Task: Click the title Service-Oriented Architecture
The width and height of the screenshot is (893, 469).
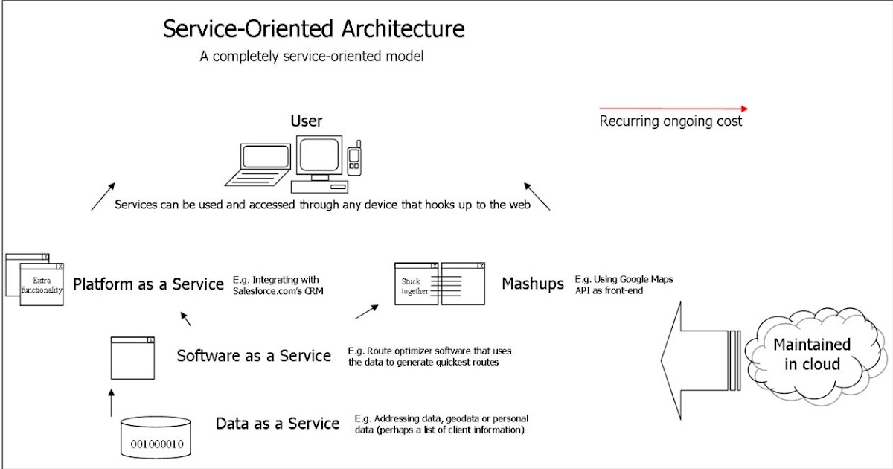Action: pos(314,29)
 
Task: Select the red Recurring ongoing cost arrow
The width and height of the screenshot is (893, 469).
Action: pos(673,109)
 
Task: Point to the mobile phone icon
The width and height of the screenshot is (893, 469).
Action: pos(354,159)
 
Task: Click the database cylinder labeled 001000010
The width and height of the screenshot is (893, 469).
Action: pos(156,437)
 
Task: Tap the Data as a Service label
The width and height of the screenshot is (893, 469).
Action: pos(278,424)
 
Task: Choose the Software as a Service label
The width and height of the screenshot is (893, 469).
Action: pos(254,356)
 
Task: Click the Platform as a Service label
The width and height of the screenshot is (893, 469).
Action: pos(148,284)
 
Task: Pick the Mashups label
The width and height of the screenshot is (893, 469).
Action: pos(533,284)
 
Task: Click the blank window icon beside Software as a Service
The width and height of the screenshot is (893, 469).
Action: pos(132,358)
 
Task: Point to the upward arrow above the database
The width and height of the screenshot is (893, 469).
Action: pos(112,402)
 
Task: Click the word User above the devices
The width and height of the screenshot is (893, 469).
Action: pos(306,121)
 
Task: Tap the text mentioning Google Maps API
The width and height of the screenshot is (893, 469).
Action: pos(624,284)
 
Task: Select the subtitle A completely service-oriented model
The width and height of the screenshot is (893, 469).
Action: pos(311,57)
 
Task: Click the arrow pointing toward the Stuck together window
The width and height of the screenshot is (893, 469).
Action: pos(367,310)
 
